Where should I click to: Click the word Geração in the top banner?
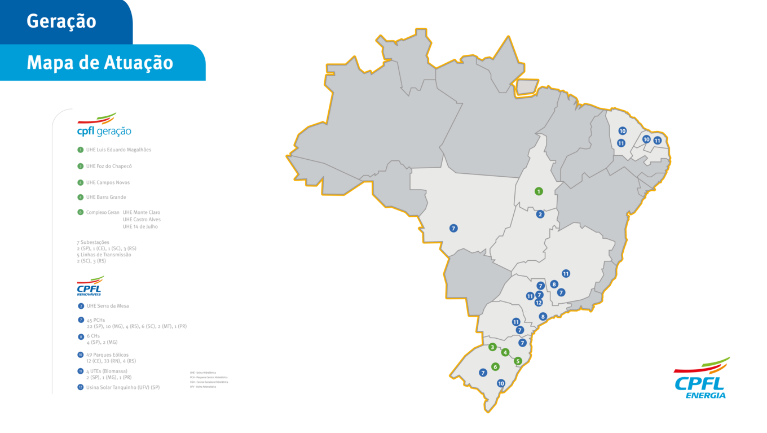click(61, 21)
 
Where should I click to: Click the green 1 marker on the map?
click(539, 191)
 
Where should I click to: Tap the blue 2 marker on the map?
click(540, 214)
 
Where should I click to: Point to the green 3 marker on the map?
click(492, 347)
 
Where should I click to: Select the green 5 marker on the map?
click(518, 361)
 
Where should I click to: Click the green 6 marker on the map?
click(495, 366)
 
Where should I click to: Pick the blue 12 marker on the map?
click(539, 303)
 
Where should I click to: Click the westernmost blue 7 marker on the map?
click(453, 228)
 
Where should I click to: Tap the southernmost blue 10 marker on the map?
click(501, 383)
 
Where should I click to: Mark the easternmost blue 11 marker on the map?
click(657, 140)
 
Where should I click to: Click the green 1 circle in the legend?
click(81, 150)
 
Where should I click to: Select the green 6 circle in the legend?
click(81, 212)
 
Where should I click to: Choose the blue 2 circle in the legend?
click(81, 306)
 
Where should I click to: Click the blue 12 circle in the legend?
click(81, 387)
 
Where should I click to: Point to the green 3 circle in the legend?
click(81, 167)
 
